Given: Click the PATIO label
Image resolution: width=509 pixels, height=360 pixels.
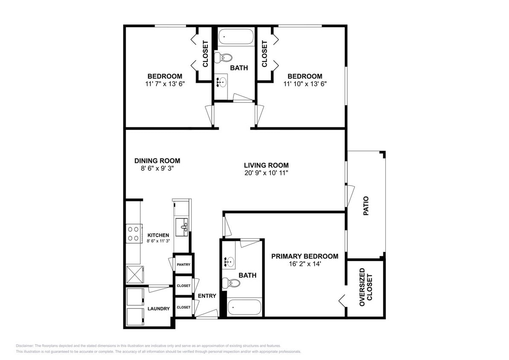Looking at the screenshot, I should pyautogui.click(x=366, y=205).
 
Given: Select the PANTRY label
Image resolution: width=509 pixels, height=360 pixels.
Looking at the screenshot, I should pyautogui.click(x=183, y=265).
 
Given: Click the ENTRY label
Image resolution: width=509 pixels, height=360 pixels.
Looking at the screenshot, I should pyautogui.click(x=207, y=296).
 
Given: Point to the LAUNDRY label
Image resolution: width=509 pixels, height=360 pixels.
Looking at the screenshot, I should pyautogui.click(x=159, y=309).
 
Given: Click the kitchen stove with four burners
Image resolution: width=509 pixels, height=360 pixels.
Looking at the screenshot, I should pyautogui.click(x=134, y=233).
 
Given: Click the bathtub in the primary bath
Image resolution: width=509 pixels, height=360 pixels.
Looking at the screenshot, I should pyautogui.click(x=244, y=307).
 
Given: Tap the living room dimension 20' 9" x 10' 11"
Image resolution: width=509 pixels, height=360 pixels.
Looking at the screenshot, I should pyautogui.click(x=266, y=173).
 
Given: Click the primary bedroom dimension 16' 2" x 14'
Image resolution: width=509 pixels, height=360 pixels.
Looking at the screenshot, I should pyautogui.click(x=305, y=264).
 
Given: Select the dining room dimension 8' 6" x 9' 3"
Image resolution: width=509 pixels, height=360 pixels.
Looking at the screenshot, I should pyautogui.click(x=157, y=168).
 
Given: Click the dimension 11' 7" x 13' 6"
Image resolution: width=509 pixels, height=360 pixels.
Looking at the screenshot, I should pyautogui.click(x=165, y=84).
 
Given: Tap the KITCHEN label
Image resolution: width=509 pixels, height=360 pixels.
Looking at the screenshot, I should pyautogui.click(x=158, y=235).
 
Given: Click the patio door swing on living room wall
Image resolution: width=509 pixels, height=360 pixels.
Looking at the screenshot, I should pyautogui.click(x=350, y=192).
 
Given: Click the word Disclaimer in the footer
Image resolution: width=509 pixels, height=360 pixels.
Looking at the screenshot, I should pyautogui.click(x=25, y=345).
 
